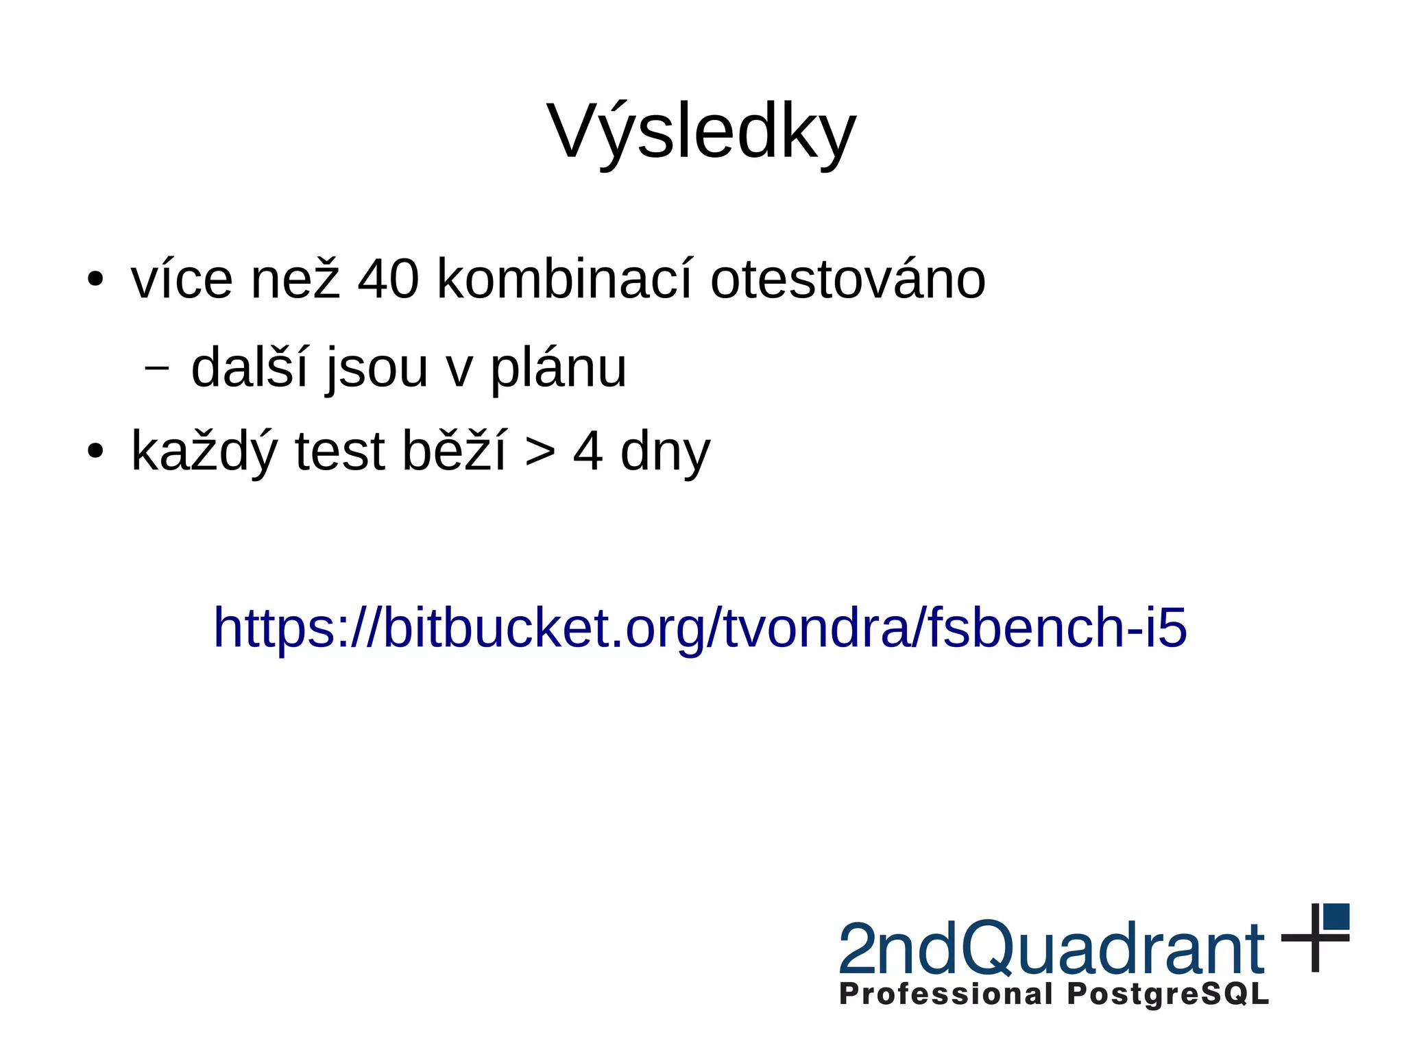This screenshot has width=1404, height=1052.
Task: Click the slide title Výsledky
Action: (x=701, y=132)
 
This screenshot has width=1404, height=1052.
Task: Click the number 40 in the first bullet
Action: (x=388, y=280)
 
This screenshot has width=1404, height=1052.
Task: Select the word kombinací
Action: (x=564, y=280)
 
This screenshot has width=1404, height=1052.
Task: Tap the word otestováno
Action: (x=847, y=280)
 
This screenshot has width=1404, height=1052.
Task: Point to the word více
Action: (x=182, y=280)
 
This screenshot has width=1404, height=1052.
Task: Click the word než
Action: (x=295, y=280)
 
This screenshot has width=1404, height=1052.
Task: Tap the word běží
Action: (x=454, y=450)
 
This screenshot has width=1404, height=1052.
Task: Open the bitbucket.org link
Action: (x=700, y=627)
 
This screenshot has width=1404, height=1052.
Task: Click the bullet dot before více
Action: (x=95, y=280)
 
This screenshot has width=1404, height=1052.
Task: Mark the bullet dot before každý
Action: (x=95, y=452)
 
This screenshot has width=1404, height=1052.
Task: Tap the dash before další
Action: (x=157, y=368)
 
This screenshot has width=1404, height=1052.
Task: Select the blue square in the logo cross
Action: (x=1336, y=916)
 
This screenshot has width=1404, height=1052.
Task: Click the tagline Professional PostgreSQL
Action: (x=1054, y=994)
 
